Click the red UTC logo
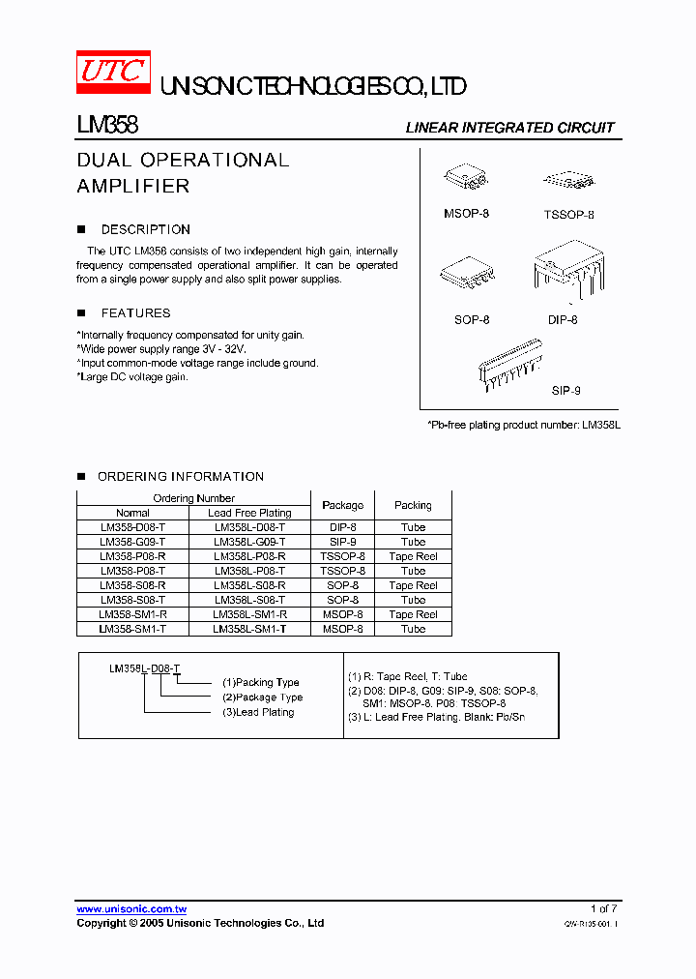pos(113,74)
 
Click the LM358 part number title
pos(107,126)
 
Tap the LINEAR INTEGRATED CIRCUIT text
pos(509,128)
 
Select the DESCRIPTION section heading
pos(145,230)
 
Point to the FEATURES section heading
pos(135,313)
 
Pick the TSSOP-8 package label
pos(568,215)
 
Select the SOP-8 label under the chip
pos(472,319)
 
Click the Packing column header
pos(413,505)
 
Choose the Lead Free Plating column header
pos(249,513)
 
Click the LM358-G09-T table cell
pos(132,542)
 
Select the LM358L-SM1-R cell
pos(249,614)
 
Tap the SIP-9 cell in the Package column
pos(342,542)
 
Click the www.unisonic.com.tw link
pos(131,909)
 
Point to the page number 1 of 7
pos(603,908)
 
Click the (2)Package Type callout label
pos(262,697)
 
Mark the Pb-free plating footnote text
pos(522,425)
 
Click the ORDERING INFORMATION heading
pos(180,477)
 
